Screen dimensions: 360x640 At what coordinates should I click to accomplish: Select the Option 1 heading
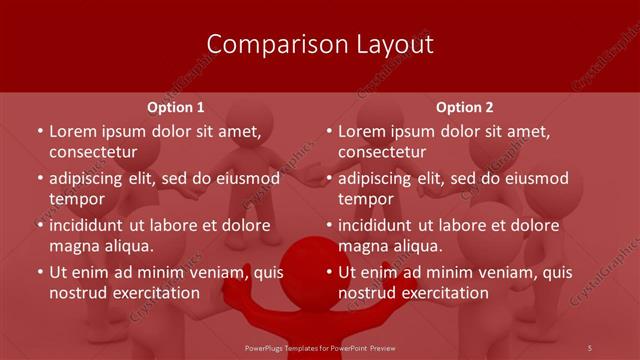click(x=176, y=107)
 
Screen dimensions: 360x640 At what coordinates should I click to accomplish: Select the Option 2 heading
click(x=465, y=107)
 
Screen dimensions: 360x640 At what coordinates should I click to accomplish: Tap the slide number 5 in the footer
click(x=590, y=347)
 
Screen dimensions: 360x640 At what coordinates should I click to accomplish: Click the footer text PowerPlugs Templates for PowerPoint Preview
click(x=321, y=347)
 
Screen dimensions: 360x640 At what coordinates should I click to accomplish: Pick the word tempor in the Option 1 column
click(x=77, y=199)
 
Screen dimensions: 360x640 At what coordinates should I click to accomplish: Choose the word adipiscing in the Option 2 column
click(x=381, y=178)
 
